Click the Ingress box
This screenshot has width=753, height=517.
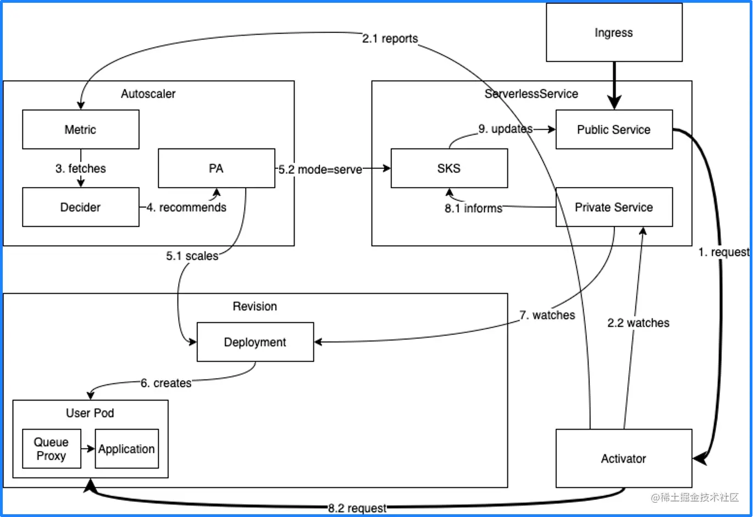[x=614, y=33]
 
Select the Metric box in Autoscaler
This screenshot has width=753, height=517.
[x=80, y=130]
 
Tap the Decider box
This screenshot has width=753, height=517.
[x=80, y=207]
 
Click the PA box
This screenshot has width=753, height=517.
[x=216, y=169]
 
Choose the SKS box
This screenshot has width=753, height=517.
[x=449, y=169]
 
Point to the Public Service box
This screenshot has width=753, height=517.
[x=613, y=130]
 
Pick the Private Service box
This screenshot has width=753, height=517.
[x=613, y=207]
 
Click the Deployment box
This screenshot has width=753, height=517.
[x=255, y=342]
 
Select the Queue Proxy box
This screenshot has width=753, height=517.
[x=51, y=449]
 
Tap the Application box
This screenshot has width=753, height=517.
[x=126, y=449]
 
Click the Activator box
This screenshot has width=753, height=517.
[x=623, y=459]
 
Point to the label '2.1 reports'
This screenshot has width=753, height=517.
[x=390, y=38]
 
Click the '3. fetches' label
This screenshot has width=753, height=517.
[x=80, y=168]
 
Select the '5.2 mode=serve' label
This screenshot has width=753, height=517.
[x=320, y=169]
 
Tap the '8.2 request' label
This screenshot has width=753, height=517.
[x=357, y=508]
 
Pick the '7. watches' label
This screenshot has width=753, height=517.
[x=547, y=315]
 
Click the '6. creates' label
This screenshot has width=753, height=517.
[x=166, y=383]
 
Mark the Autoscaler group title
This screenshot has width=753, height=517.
[x=148, y=94]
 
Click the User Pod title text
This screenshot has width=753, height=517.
[x=90, y=413]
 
